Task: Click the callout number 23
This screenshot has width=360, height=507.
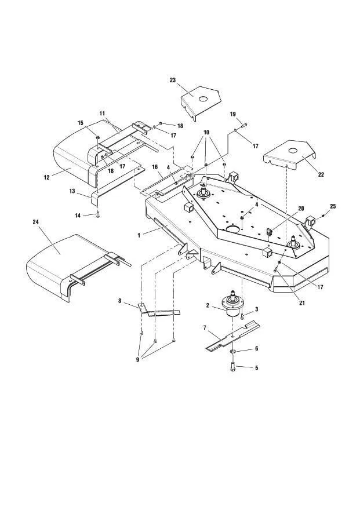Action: [172, 80]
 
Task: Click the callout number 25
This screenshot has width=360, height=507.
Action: [333, 207]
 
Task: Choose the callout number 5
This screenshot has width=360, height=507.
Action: [257, 367]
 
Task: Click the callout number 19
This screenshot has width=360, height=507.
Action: [233, 114]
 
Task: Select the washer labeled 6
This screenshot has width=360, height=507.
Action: [232, 352]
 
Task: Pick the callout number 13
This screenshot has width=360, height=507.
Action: [72, 191]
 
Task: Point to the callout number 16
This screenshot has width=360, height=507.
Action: [155, 167]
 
